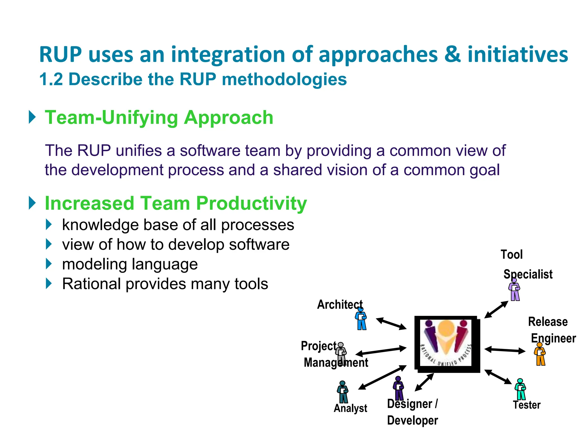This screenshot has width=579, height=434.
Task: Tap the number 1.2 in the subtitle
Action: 51,79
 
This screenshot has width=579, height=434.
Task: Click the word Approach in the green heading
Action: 228,118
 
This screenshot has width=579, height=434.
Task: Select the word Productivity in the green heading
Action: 251,203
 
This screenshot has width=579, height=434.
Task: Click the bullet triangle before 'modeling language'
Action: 49,264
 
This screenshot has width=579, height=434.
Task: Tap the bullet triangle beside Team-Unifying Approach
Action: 33,117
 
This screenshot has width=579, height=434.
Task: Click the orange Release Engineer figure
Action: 540,354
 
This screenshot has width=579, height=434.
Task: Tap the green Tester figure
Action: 520,389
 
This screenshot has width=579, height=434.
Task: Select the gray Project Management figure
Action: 341,353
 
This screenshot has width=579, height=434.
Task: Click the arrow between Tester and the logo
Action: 498,377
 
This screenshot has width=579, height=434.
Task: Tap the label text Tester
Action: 527,405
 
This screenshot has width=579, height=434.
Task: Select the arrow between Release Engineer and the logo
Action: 505,350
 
